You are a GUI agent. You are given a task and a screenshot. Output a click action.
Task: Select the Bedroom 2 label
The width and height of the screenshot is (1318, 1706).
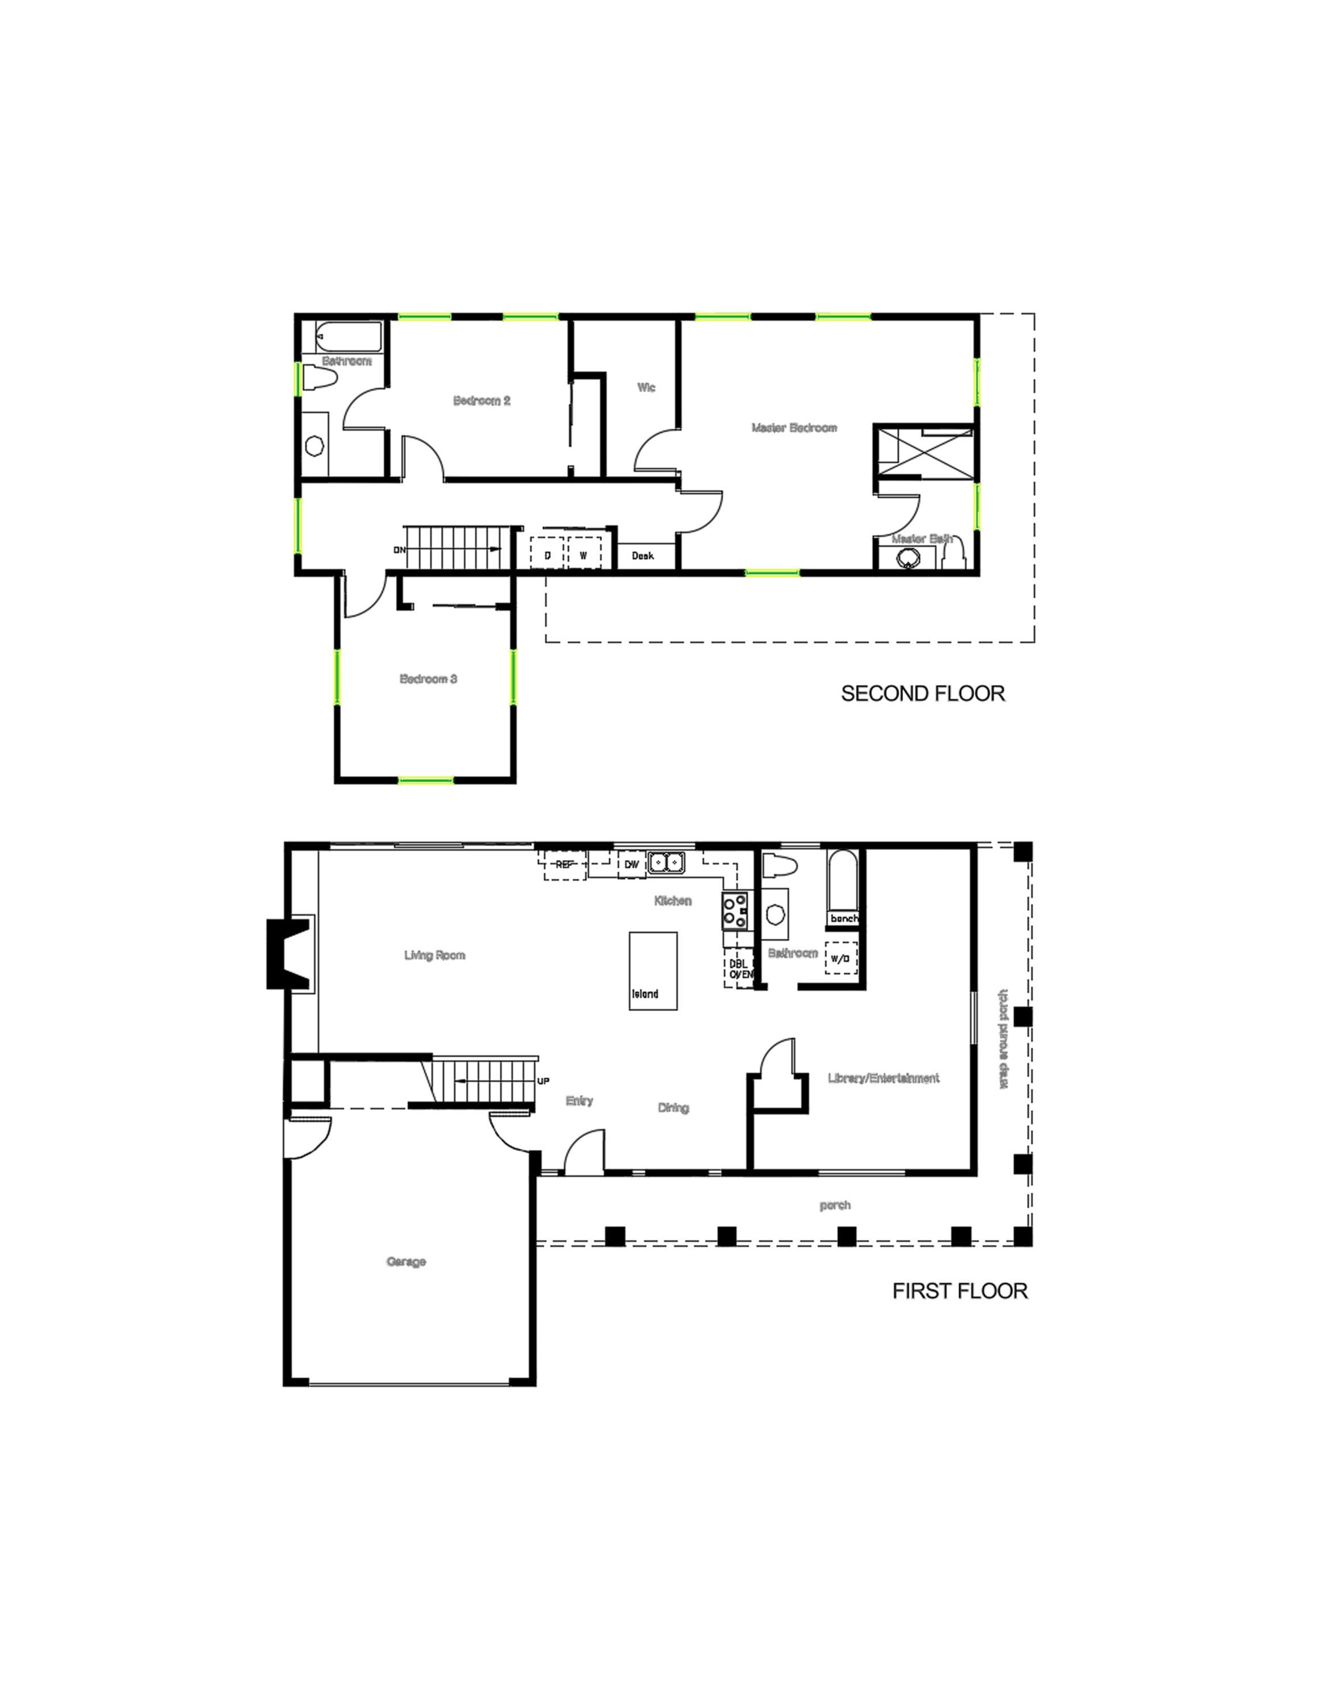coord(482,401)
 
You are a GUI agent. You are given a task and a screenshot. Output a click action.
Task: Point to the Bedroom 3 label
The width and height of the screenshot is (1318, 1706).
coord(428,679)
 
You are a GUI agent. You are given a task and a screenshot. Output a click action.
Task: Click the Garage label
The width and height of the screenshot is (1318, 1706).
coord(406,1261)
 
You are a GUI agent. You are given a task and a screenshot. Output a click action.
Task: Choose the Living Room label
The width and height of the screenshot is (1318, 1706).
coord(434,955)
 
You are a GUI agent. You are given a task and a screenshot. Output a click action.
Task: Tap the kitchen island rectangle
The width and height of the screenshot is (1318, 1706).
coord(653,971)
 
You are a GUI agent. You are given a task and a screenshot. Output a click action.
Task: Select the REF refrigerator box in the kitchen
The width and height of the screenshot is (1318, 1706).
coord(565,866)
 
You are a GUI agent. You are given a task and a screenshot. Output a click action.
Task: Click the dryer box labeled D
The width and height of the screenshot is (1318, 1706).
coord(548,554)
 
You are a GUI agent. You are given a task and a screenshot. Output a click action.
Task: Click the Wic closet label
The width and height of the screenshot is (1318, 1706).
coord(646,387)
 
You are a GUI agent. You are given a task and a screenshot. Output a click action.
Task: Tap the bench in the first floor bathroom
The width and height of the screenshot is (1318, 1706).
coord(843,918)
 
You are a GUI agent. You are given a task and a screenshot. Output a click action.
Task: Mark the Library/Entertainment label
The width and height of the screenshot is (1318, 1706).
coord(883,1079)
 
